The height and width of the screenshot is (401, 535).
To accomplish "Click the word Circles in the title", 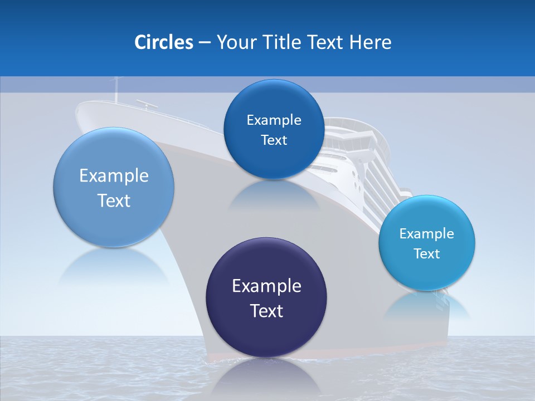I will [x=163, y=42].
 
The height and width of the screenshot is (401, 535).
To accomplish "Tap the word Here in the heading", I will [x=371, y=42].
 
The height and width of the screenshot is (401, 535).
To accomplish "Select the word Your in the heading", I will [x=235, y=42].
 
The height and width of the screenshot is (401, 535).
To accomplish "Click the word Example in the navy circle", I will [x=266, y=286].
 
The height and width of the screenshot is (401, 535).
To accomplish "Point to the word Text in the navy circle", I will [x=266, y=311].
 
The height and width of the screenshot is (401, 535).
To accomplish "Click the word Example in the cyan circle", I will [x=427, y=233].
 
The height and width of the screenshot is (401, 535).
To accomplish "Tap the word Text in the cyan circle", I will [x=427, y=253].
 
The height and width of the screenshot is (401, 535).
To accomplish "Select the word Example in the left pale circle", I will [x=114, y=175].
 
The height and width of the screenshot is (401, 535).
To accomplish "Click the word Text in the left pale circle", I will [x=114, y=200].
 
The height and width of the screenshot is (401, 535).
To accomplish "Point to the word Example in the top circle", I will [x=274, y=120].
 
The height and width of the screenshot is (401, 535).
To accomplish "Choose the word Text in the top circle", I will [x=274, y=140].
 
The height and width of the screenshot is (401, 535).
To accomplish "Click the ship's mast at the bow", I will [x=116, y=89].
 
